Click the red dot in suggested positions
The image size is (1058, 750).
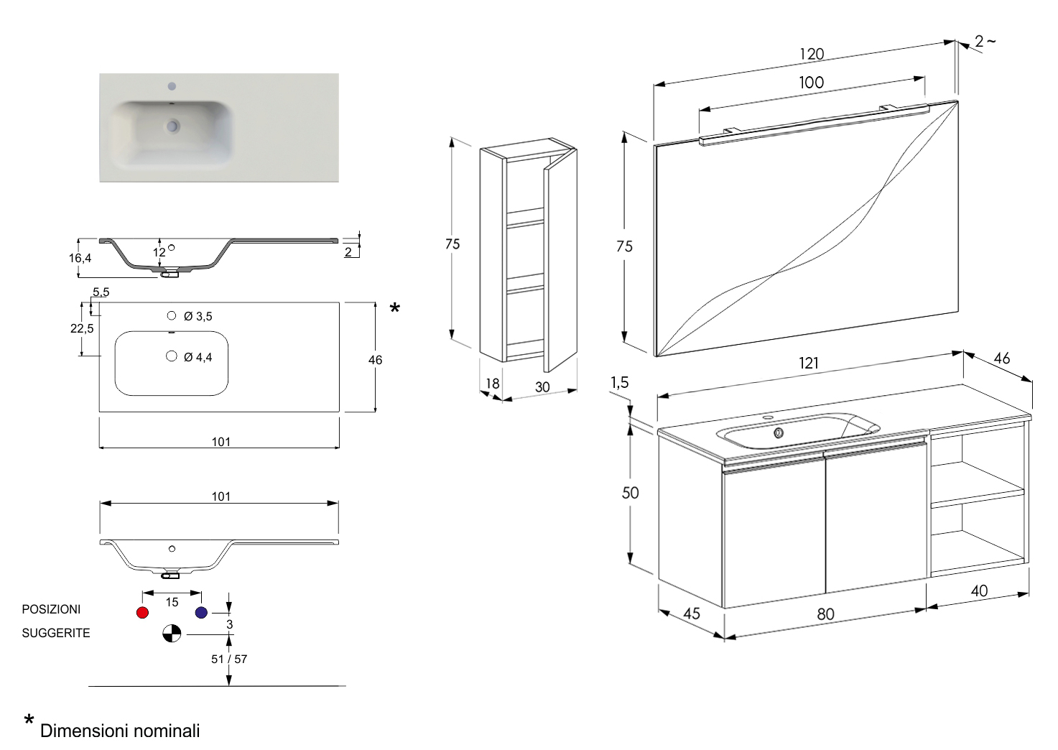pos(142,612)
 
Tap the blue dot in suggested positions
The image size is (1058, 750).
pos(201,612)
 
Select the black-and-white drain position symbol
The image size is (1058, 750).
pos(172,634)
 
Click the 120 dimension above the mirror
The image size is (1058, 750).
pos(812,54)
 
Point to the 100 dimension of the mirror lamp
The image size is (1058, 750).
pos(812,83)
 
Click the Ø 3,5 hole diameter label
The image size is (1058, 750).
pos(198,316)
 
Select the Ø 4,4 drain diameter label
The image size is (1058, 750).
pos(198,357)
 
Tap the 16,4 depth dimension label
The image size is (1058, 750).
pos(80,258)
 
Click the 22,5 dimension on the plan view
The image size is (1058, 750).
pos(82,328)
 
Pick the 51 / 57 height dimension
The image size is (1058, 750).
pos(229,659)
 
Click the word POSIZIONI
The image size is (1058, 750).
pos(51,609)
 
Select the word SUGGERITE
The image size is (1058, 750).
pos(56,633)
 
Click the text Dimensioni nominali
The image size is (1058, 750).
pos(120,731)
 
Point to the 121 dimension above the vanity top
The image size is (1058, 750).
pos(809,363)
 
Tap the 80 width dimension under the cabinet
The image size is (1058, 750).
pos(825,614)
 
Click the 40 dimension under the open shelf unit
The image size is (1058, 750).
pos(979,591)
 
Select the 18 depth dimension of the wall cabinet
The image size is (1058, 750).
pos(492,383)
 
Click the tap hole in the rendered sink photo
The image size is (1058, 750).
pos(172,87)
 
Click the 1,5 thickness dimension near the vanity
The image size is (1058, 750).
pos(619,382)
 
